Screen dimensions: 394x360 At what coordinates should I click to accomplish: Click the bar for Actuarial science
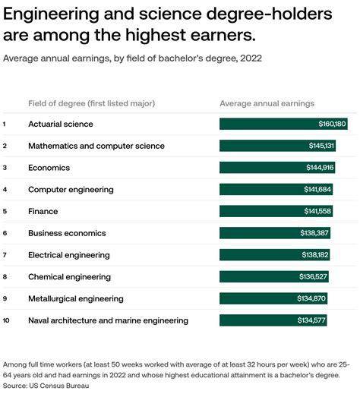(283, 124)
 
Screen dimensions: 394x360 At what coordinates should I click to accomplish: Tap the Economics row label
(49, 168)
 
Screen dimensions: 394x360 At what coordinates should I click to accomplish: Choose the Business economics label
(67, 233)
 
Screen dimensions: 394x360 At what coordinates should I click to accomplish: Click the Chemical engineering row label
(69, 277)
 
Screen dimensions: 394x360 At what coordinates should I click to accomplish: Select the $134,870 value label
(311, 298)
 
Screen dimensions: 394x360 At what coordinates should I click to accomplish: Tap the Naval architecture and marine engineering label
(108, 320)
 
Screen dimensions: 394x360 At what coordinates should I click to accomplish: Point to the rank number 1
(5, 124)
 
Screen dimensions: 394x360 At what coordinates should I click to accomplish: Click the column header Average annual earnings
(267, 103)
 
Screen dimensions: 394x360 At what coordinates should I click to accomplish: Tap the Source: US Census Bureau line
(46, 386)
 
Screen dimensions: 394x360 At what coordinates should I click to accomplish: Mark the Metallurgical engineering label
(75, 298)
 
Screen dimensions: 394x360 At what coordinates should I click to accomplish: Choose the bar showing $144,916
(277, 168)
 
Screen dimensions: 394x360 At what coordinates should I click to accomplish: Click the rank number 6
(5, 233)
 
